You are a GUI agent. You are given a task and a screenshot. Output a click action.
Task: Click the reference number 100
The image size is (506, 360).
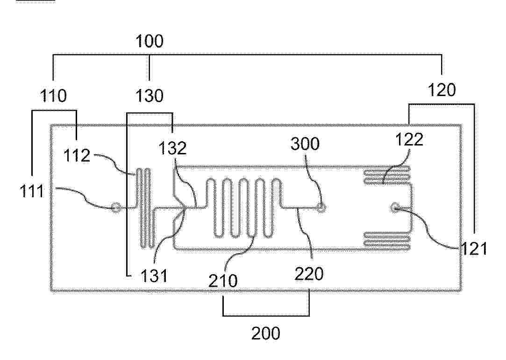pos(150,42)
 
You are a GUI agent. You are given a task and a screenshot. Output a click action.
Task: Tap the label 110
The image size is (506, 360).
pos(54,96)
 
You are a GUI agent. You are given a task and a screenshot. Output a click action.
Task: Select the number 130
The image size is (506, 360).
pos(150,96)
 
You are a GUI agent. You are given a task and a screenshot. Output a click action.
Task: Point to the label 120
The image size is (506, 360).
pos(442,90)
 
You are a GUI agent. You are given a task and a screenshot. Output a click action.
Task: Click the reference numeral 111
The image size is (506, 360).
pos(32,191)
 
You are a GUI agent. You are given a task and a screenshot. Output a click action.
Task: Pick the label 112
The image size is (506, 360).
pos(77,156)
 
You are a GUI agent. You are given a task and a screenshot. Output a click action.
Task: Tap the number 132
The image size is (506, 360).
pos(173,148)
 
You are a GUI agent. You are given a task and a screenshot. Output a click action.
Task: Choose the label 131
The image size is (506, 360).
pos(154,276)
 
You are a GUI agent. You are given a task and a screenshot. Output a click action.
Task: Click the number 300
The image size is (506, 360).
pos(305,144)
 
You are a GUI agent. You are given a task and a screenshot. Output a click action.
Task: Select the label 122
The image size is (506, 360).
pos(409,140)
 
